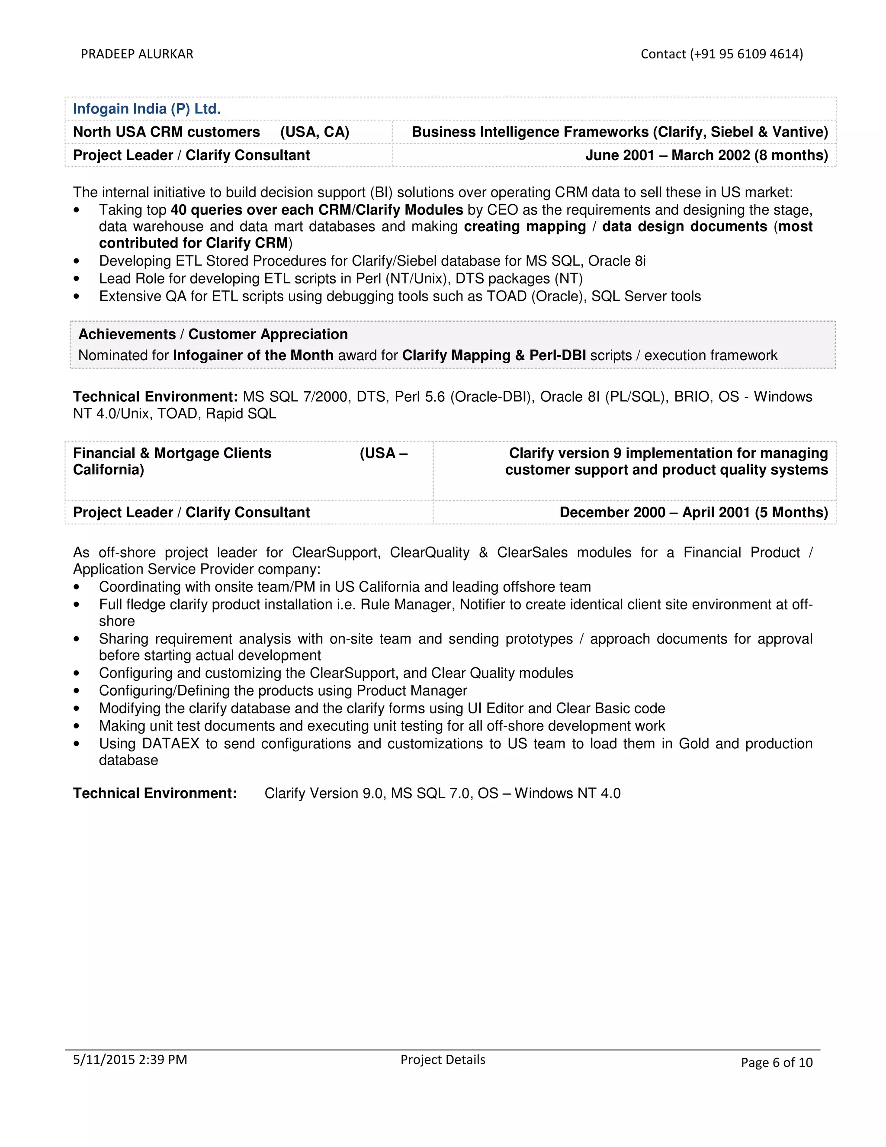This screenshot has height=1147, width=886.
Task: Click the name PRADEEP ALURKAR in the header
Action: point(137,54)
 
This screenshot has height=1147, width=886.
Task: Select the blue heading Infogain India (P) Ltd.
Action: point(147,109)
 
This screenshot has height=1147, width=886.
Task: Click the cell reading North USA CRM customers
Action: point(167,132)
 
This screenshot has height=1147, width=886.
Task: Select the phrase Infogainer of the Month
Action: point(253,355)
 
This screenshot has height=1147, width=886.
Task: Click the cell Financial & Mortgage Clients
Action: point(172,453)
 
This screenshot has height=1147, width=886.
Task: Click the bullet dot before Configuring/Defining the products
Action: point(77,691)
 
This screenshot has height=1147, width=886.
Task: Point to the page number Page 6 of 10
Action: point(776,1063)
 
